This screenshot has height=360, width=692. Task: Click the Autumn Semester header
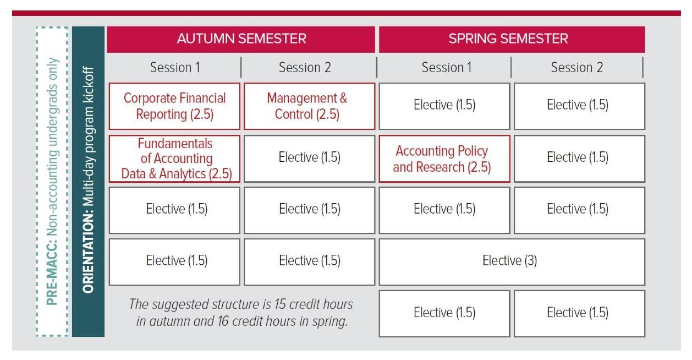[x=241, y=39]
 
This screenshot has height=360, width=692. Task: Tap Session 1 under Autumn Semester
[x=175, y=68]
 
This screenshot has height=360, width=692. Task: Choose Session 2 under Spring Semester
[x=576, y=68]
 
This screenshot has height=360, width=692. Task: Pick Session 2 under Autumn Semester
[x=304, y=68]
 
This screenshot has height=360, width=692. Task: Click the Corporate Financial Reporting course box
[x=175, y=106]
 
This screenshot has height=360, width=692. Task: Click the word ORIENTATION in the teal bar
[x=89, y=259]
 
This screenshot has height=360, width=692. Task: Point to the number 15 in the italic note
[x=289, y=304]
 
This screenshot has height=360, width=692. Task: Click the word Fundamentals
[x=175, y=144]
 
